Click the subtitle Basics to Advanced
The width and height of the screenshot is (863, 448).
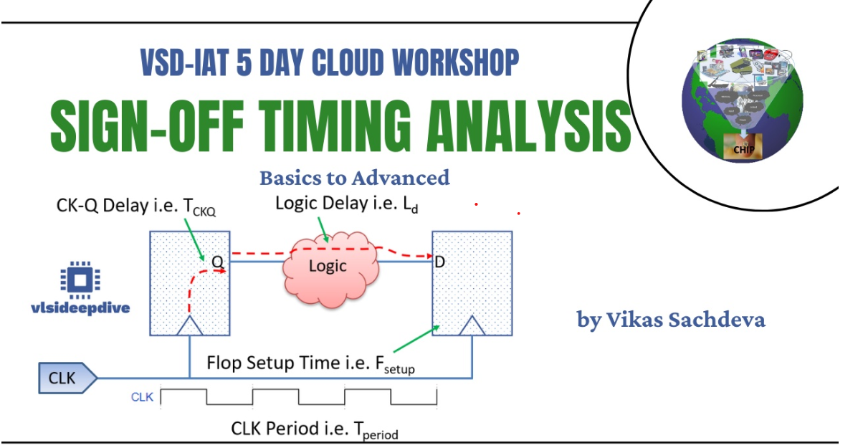(x=354, y=177)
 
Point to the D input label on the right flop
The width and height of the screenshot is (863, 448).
(x=440, y=262)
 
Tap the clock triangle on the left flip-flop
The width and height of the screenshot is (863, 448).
(x=189, y=326)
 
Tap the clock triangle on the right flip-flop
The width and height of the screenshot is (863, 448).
(x=472, y=326)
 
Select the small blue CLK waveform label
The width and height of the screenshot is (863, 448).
(x=142, y=396)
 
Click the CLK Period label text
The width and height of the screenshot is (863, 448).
(x=314, y=429)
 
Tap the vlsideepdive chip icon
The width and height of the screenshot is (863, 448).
(x=80, y=278)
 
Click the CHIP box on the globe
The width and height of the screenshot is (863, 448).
(x=742, y=149)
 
